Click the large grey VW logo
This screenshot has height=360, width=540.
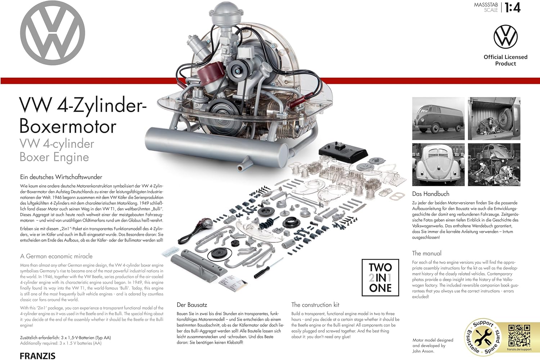53,33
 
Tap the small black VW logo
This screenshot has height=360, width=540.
505,37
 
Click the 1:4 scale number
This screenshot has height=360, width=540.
513,8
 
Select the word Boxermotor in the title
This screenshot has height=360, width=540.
68,126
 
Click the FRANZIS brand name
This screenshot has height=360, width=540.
37,356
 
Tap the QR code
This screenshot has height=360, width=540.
519,336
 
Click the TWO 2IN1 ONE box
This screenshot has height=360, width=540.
380,278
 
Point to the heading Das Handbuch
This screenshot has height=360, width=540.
431,194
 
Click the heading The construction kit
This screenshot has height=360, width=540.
315,305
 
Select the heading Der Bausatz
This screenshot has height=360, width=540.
192,305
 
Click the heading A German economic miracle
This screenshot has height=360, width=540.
56,256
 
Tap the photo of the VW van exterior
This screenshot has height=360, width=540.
438,118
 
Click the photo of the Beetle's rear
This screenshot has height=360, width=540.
438,165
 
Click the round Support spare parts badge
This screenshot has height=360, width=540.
482,337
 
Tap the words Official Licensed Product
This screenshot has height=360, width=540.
505,60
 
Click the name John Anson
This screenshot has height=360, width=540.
423,351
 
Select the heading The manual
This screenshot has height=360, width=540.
427,253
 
